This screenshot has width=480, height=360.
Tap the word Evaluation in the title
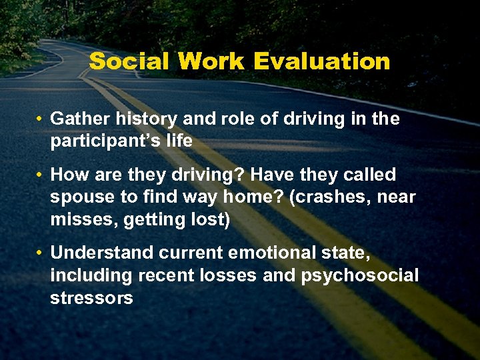322,61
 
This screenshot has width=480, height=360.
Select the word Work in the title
213,61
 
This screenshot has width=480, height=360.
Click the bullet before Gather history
41,119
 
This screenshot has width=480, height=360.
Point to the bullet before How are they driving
41,175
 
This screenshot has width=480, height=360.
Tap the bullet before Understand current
41,253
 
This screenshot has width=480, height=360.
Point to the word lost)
208,220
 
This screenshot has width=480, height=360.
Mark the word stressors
91,298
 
